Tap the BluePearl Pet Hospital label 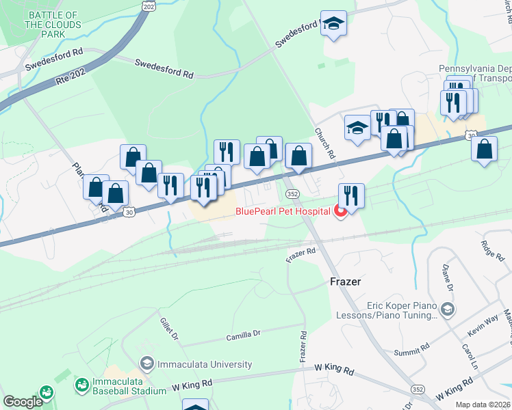(x=283, y=211)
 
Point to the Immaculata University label (x=198, y=364)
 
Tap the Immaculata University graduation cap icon (x=146, y=363)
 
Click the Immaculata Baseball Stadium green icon (x=82, y=385)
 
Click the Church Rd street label (x=324, y=143)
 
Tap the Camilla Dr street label (x=244, y=335)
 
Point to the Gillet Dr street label (x=168, y=329)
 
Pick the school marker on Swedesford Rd (x=333, y=23)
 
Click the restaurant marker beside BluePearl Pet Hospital (x=351, y=195)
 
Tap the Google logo (x=23, y=402)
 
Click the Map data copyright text (x=483, y=405)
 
